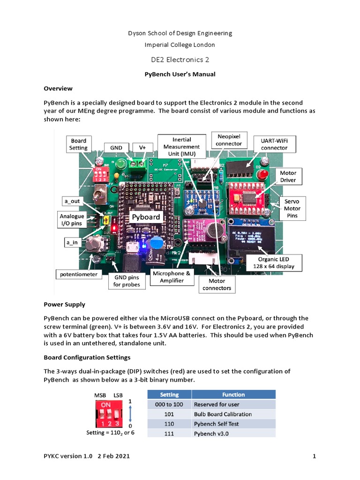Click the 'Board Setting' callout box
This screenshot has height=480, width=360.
79,144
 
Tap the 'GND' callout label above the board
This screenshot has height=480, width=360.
116,148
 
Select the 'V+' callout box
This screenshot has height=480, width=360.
142,148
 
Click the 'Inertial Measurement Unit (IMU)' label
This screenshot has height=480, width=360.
182,147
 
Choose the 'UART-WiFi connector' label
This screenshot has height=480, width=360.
274,144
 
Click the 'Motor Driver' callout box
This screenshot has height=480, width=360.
288,176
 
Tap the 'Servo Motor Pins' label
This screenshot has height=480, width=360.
292,208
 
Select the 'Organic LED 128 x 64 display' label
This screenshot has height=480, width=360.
274,263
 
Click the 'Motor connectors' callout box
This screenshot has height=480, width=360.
217,285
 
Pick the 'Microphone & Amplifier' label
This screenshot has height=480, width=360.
171,277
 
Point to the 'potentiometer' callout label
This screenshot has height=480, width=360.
78,274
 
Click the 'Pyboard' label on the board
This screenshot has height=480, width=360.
145,217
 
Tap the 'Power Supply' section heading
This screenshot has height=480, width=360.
64,304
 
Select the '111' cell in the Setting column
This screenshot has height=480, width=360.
169,434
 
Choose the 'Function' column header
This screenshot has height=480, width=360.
233,395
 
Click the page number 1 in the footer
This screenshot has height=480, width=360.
314,456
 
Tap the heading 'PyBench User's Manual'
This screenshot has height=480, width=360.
180,74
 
